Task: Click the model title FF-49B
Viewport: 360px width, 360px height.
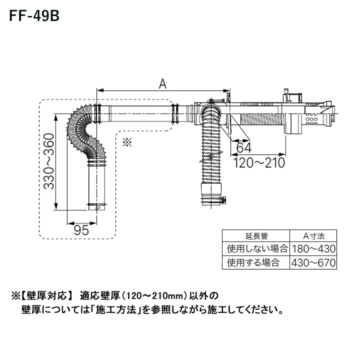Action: (x=33, y=17)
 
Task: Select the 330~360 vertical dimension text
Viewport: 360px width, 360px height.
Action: (x=47, y=161)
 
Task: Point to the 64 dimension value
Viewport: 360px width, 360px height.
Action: (x=243, y=148)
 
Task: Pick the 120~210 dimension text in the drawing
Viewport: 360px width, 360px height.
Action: (x=259, y=163)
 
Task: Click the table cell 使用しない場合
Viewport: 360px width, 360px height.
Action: (x=256, y=248)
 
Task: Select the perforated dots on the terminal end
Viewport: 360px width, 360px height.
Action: (x=311, y=119)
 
